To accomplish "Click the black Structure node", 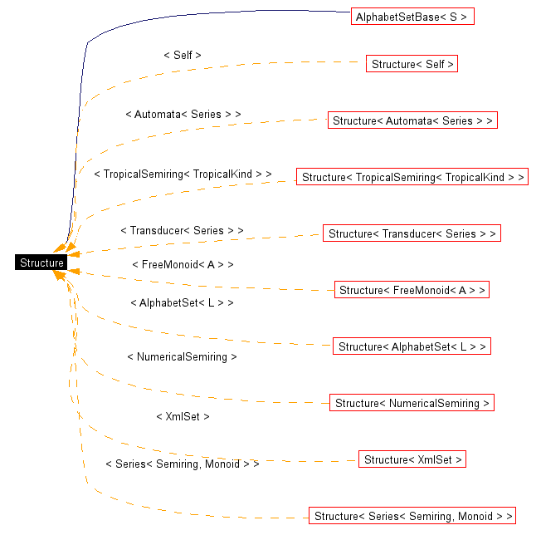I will (41, 263).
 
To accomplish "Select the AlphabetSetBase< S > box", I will (412, 17).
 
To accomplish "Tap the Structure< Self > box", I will (412, 64).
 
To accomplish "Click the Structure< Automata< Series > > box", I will (412, 120).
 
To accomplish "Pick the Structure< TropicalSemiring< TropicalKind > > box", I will (412, 177).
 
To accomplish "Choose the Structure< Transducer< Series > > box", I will (412, 233).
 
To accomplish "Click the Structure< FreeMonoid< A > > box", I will (412, 290).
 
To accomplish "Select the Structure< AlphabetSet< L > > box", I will (412, 346).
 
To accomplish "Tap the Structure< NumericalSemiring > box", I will (412, 403).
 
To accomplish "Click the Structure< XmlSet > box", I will (412, 459).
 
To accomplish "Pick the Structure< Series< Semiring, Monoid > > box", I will (412, 516).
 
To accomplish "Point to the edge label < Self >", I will (183, 55).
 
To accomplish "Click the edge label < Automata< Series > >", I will (183, 114).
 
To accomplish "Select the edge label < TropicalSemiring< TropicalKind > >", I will (183, 174).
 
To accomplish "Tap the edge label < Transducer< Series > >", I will (182, 230).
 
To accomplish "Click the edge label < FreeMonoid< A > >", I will (183, 264).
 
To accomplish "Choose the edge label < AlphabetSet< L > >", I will (182, 302).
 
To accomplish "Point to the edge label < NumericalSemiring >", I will (182, 356).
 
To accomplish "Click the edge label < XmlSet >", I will (183, 416).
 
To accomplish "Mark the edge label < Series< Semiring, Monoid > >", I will (183, 464).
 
